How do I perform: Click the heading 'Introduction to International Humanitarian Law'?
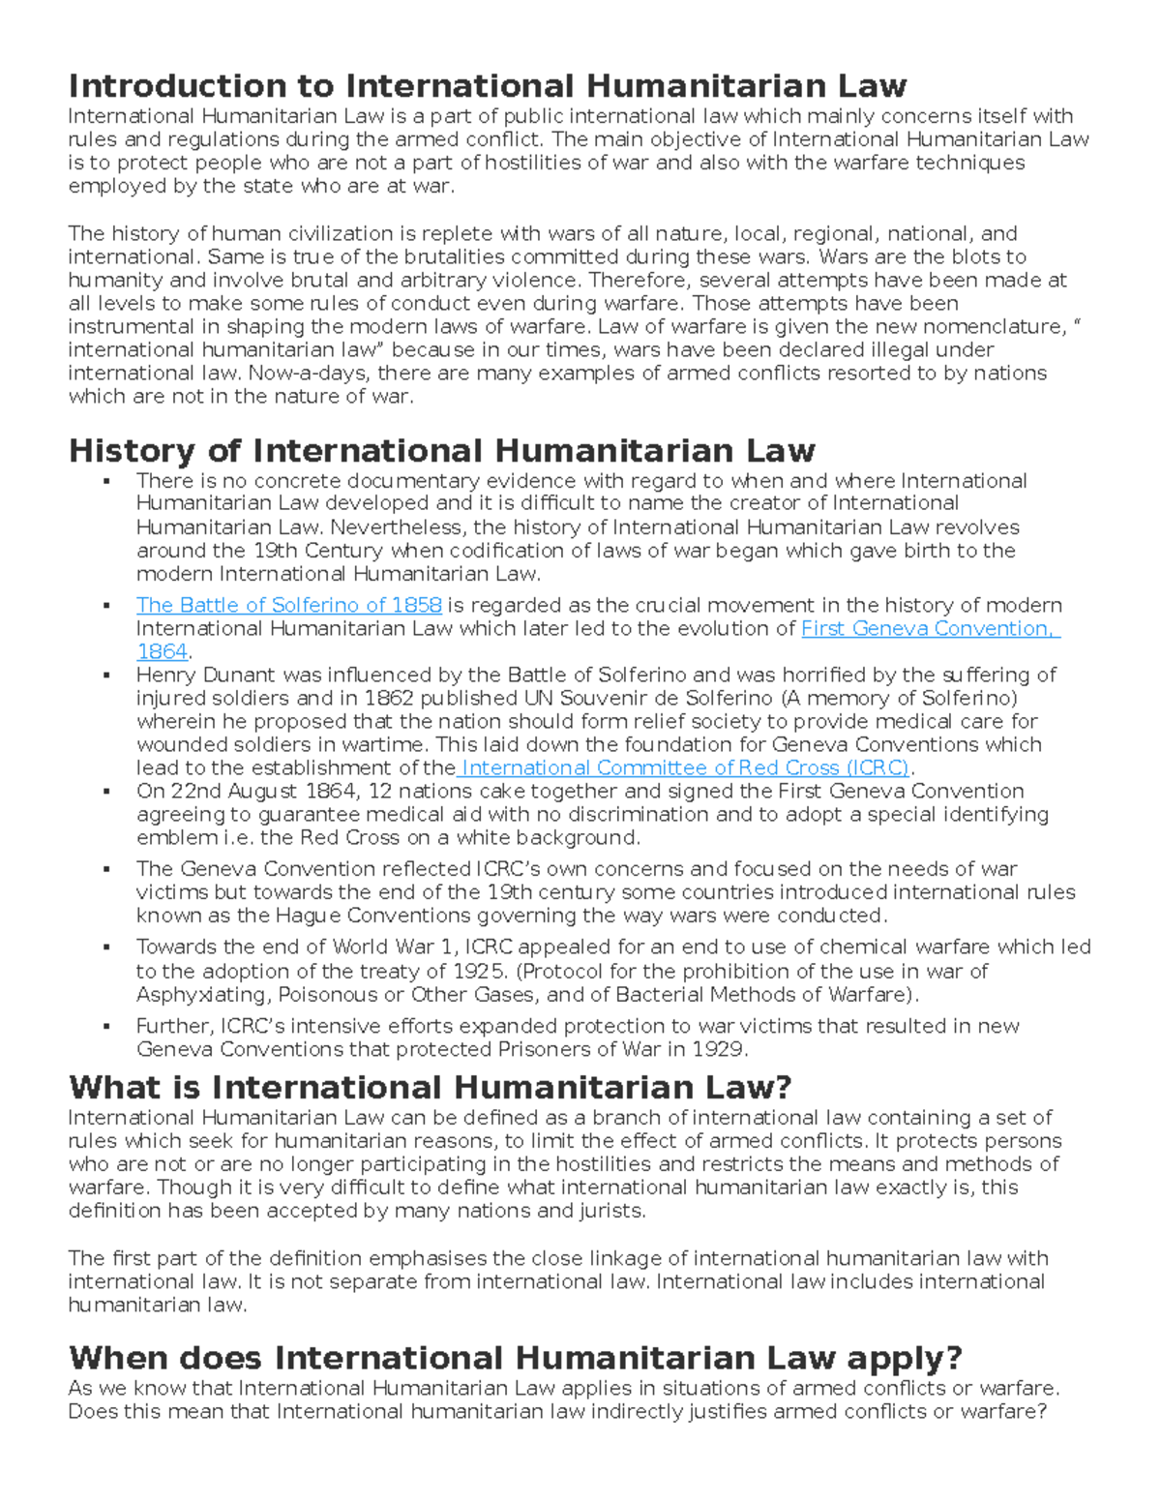(487, 86)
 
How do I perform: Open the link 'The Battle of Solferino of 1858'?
(288, 605)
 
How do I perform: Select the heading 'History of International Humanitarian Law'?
(441, 450)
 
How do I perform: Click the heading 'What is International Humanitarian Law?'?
(430, 1087)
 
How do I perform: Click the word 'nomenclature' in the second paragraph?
(1004, 326)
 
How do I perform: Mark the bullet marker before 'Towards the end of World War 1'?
(106, 947)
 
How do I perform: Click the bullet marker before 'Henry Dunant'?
(106, 675)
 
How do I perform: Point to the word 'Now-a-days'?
(308, 373)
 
